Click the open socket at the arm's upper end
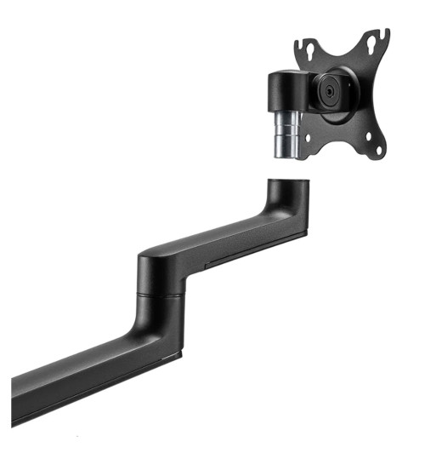coord(286,181)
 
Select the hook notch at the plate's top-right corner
coord(382,36)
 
